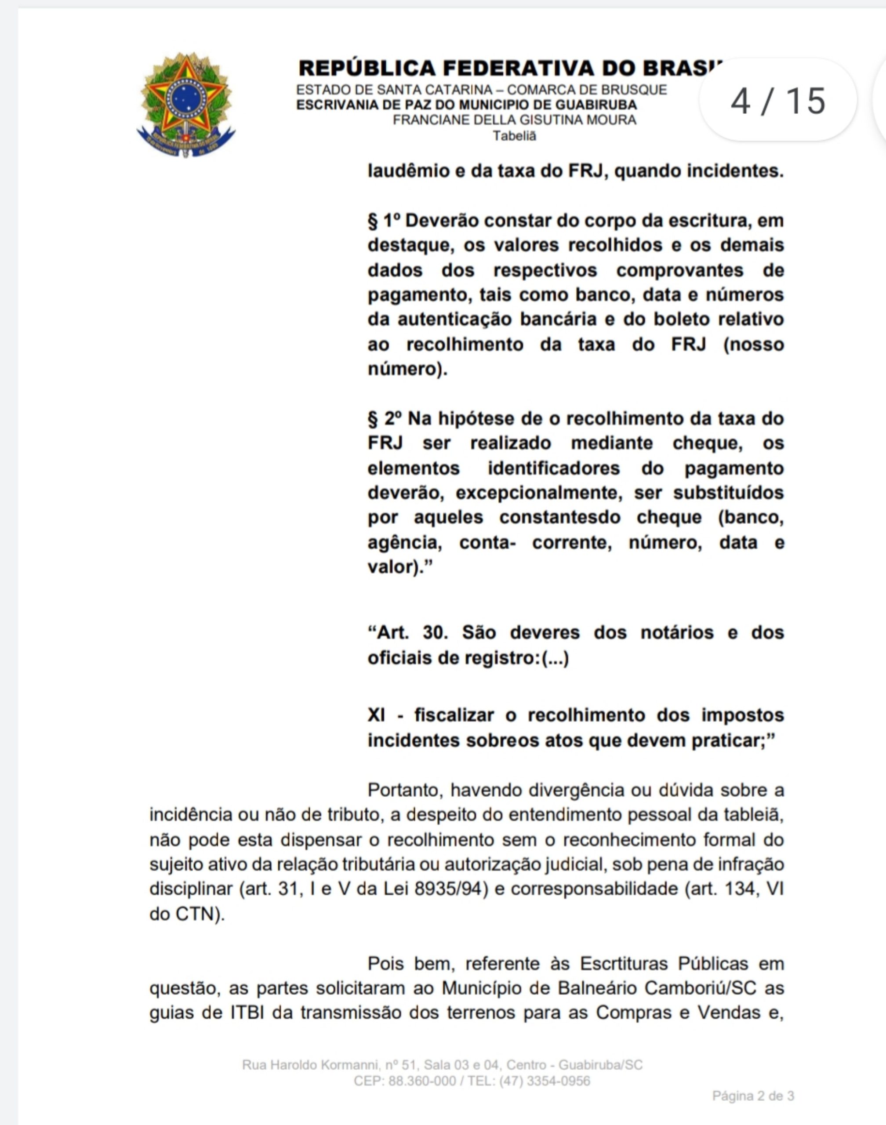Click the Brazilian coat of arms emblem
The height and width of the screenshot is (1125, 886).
click(x=186, y=104)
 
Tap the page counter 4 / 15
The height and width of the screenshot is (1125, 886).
click(x=777, y=100)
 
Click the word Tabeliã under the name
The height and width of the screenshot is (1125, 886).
click(x=514, y=136)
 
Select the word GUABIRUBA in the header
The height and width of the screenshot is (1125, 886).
click(x=596, y=105)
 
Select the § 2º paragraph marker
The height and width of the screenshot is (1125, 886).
click(x=385, y=418)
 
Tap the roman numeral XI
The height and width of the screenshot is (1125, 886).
click(x=376, y=715)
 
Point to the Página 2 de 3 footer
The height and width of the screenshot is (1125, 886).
click(x=753, y=1096)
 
